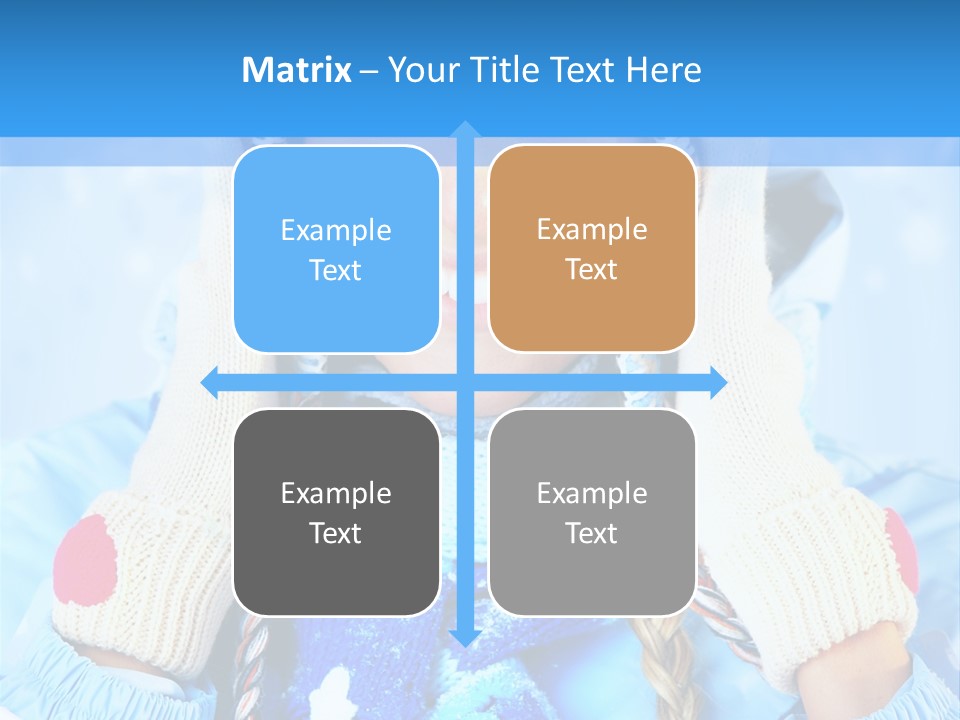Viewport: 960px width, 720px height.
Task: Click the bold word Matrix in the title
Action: tap(296, 70)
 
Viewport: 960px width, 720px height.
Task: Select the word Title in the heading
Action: tap(507, 70)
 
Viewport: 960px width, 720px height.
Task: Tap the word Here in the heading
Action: tap(664, 70)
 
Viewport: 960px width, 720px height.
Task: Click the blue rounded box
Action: tap(336, 249)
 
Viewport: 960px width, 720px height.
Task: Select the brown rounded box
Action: tap(592, 249)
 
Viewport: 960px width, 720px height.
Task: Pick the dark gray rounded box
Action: tap(336, 512)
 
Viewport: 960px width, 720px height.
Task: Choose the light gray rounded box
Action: tap(592, 512)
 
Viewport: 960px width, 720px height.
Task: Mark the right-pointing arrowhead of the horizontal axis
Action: tap(717, 381)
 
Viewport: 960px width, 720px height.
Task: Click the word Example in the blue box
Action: tap(336, 230)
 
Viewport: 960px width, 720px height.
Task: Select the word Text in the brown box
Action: tap(592, 269)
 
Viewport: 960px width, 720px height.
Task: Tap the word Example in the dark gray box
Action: tap(336, 493)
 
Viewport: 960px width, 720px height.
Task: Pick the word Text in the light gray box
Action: tap(592, 533)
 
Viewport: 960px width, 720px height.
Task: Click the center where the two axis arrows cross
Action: tap(464, 381)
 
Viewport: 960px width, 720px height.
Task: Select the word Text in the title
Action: tap(583, 70)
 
